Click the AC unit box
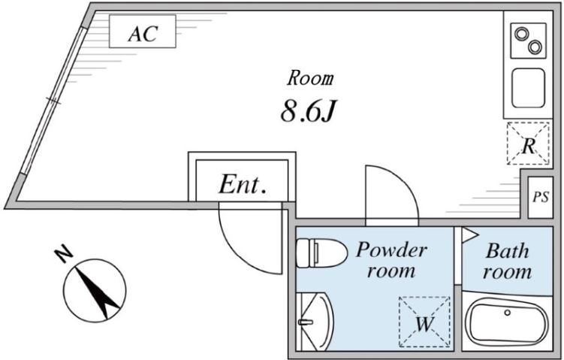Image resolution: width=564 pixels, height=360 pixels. [142, 32]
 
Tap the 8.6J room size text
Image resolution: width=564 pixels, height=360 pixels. [307, 111]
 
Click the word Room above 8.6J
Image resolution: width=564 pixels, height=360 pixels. [310, 77]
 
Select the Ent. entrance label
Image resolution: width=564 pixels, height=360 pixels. [242, 184]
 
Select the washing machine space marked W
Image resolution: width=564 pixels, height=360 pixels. [423, 322]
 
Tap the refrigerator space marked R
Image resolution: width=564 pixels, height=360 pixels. [529, 144]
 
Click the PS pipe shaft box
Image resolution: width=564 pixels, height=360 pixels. [540, 197]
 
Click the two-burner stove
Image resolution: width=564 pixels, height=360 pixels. [528, 40]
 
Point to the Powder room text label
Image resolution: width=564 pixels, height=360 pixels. [391, 260]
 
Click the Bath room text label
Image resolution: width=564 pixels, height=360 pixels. [506, 260]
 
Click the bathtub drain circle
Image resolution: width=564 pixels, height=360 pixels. [508, 312]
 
